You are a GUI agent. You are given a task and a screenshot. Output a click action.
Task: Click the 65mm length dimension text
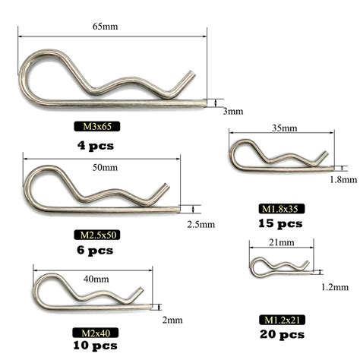pos(112,27)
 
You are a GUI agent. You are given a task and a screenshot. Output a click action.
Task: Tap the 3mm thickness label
pos(232,111)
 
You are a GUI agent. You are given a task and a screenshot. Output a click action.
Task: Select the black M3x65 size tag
pos(95,127)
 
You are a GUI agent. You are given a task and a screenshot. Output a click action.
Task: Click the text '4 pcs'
pos(95,144)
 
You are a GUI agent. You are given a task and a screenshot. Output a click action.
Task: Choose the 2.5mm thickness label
pos(201,224)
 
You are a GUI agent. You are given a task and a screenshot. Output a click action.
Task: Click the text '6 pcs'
pos(95,249)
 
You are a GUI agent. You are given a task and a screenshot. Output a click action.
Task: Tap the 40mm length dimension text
pos(96,279)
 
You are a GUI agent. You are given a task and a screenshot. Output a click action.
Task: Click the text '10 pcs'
pos(94,346)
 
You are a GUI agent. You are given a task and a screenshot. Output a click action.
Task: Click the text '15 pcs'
pos(281,223)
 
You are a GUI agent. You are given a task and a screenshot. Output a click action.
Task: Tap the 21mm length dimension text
pos(282,242)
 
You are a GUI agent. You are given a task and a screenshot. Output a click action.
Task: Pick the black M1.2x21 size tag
pos(281,319)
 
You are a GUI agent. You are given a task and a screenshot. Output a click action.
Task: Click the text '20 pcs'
pos(281,334)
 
